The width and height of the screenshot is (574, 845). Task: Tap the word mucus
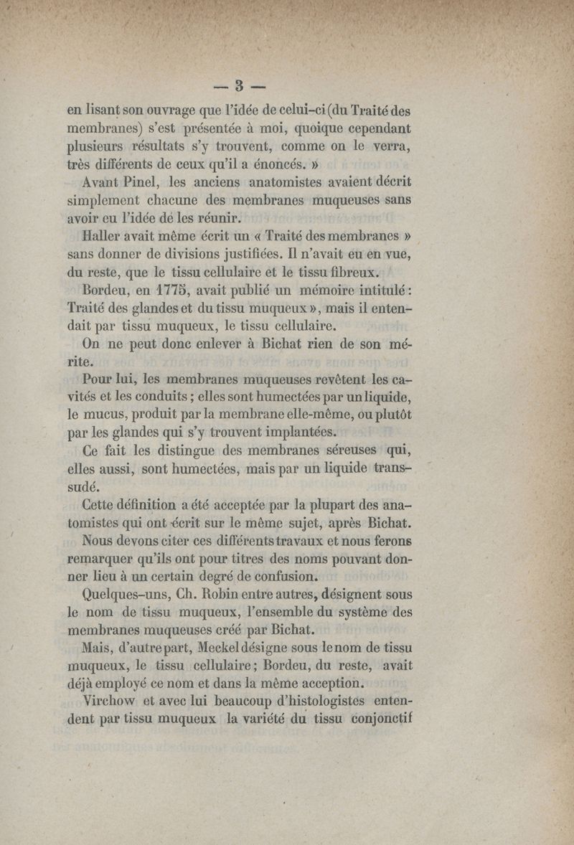point(106,415)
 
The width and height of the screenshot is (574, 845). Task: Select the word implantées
point(289,433)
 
